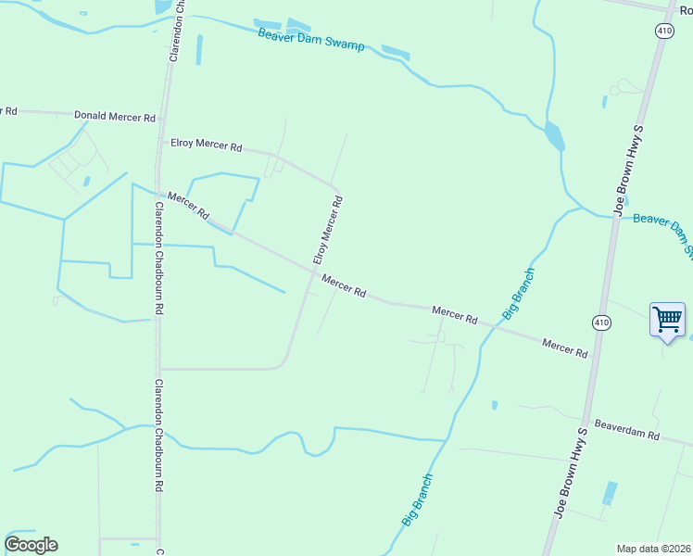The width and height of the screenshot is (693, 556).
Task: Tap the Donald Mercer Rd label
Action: pos(115,117)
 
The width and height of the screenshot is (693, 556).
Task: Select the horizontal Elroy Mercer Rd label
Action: pos(206,145)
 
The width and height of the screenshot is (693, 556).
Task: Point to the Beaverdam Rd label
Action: pos(626,434)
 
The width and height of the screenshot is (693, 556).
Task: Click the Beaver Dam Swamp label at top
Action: pos(311,38)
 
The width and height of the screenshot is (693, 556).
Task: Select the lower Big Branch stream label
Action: pos(418,499)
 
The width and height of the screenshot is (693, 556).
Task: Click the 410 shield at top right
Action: pos(663,31)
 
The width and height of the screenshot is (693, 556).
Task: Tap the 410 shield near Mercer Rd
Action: pos(601,322)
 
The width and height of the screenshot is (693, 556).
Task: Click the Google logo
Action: pos(31,545)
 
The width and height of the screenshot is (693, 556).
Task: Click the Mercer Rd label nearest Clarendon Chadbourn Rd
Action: pos(189,206)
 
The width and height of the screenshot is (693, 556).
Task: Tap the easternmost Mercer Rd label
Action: pos(565,348)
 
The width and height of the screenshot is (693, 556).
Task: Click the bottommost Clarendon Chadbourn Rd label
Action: pos(159,436)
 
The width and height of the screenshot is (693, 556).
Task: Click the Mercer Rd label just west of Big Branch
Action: pos(454,316)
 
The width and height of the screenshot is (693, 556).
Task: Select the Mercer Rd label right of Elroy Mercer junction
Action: pos(344,285)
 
